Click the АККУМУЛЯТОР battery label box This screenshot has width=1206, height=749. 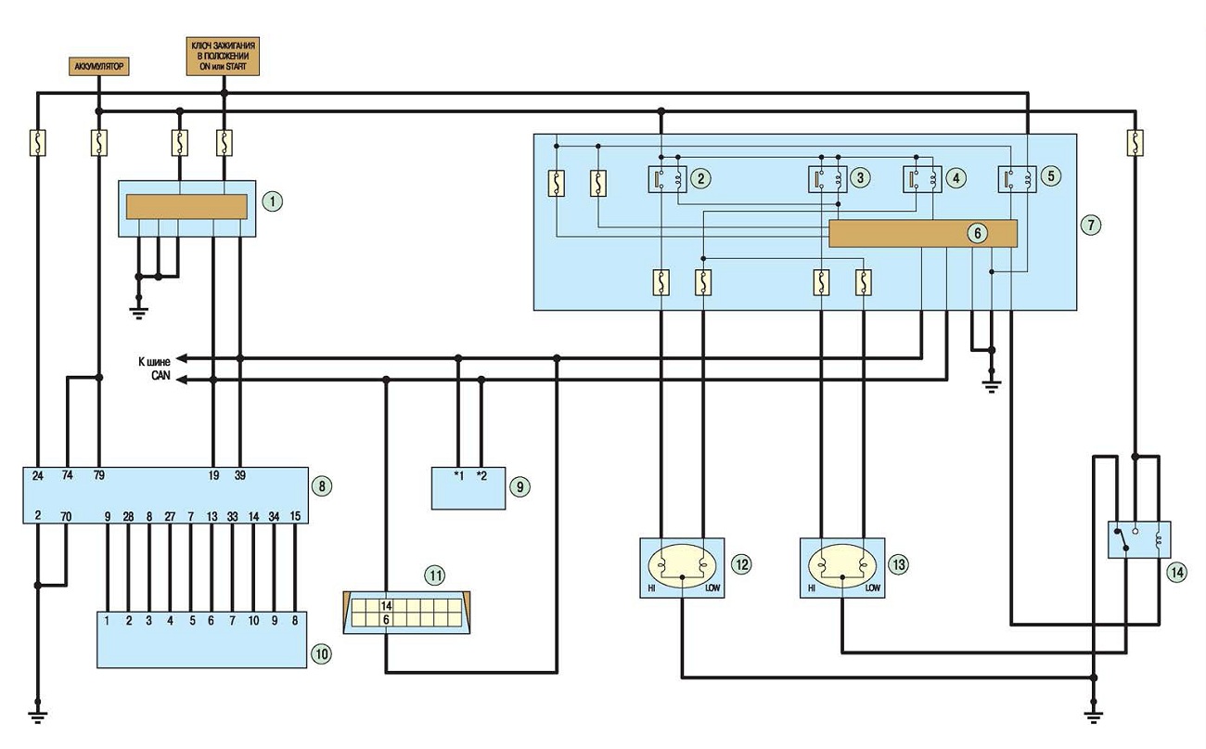pos(99,66)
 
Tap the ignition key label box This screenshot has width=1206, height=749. pos(223,56)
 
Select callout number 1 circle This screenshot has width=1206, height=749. pos(273,201)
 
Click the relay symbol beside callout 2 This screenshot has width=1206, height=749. pos(667,179)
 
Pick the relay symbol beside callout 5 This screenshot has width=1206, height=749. pos(1017,179)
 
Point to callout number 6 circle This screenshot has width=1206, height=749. pos(978,233)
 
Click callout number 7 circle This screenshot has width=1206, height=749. pos(1091,225)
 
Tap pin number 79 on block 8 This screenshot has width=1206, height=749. pos(99,475)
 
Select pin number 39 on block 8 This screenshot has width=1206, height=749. pos(240,475)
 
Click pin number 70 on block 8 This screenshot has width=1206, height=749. pos(66,516)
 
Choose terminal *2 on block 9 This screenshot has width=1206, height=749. pos(481,475)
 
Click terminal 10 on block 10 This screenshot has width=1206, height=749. pos(253,621)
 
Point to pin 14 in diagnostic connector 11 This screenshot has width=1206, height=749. pos(386,606)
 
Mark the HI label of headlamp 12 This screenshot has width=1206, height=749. pos(651,588)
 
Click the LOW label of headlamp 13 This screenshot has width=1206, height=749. pos(873,588)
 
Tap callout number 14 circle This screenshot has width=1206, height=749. pos(1177,572)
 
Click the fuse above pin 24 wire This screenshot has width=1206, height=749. pos(38,143)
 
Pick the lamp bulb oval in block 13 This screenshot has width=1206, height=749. pos(842,566)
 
